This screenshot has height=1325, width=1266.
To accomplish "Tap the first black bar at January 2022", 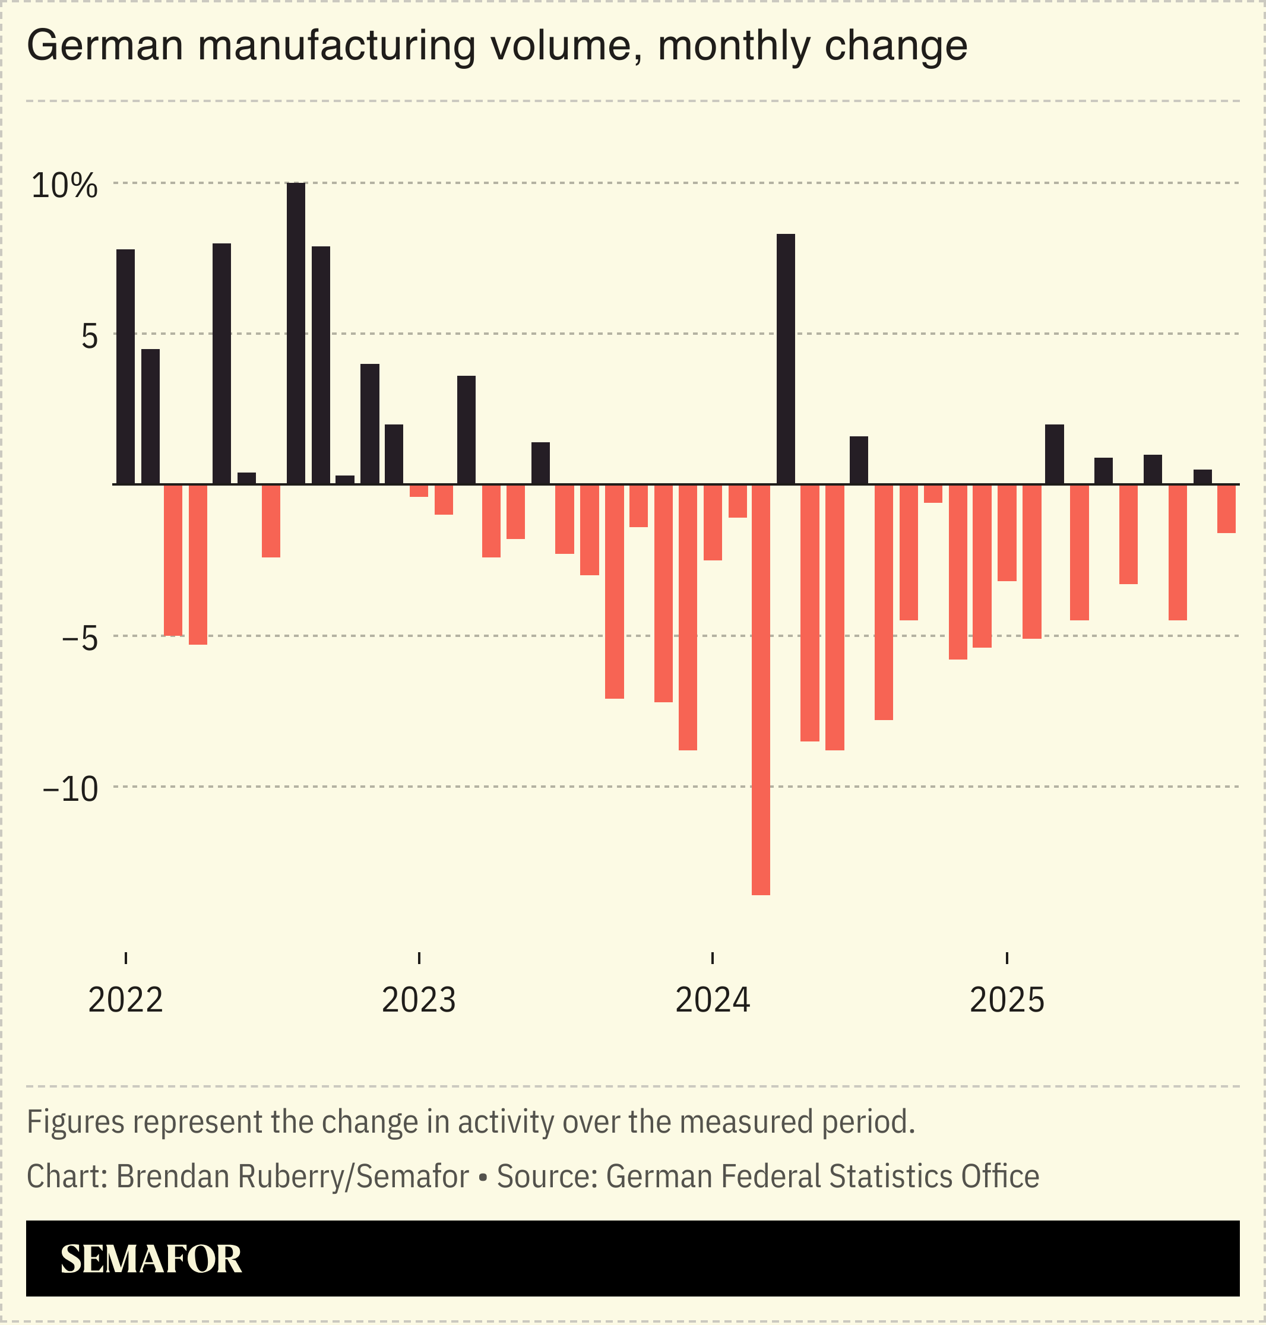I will [125, 367].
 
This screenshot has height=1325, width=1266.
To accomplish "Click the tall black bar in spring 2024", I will [786, 359].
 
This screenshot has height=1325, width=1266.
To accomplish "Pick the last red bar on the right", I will [1226, 509].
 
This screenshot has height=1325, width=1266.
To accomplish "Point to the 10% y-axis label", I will [65, 186].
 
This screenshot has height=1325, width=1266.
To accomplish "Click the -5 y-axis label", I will [80, 638].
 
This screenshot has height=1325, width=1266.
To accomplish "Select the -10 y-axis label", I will [70, 788].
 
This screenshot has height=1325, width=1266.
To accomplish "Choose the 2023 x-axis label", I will [419, 1000].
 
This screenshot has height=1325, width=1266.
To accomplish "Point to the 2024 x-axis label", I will [713, 1000].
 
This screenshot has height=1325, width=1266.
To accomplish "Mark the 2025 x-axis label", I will [1007, 1000].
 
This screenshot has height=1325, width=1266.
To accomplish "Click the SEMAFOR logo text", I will [151, 1260].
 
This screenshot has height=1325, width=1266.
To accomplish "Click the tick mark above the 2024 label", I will [713, 958].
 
